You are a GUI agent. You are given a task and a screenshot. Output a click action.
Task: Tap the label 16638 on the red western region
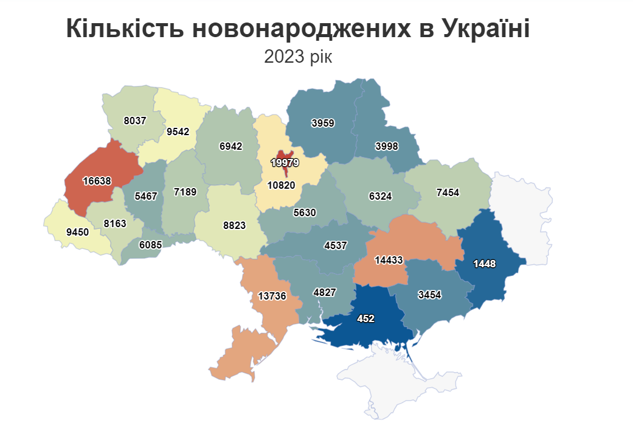pyautogui.click(x=97, y=180)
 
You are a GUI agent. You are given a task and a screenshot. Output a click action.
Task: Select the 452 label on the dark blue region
pyautogui.click(x=365, y=318)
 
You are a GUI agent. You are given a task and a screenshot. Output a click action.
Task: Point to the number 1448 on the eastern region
pyautogui.click(x=485, y=263)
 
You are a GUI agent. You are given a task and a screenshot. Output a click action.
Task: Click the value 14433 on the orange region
pyautogui.click(x=389, y=260)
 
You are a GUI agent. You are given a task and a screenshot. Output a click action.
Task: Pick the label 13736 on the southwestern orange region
pyautogui.click(x=272, y=296)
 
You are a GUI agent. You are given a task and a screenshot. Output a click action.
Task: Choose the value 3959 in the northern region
pyautogui.click(x=323, y=123)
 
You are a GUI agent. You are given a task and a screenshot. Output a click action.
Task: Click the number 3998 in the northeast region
pyautogui.click(x=387, y=146)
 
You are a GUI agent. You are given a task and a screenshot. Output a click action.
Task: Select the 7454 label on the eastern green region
pyautogui.click(x=448, y=192)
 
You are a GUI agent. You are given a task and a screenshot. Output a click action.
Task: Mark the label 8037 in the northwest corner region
pyautogui.click(x=134, y=121)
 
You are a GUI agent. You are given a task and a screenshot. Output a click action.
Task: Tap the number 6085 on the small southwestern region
pyautogui.click(x=151, y=245)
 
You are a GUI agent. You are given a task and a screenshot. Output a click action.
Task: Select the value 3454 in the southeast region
pyautogui.click(x=430, y=295)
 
